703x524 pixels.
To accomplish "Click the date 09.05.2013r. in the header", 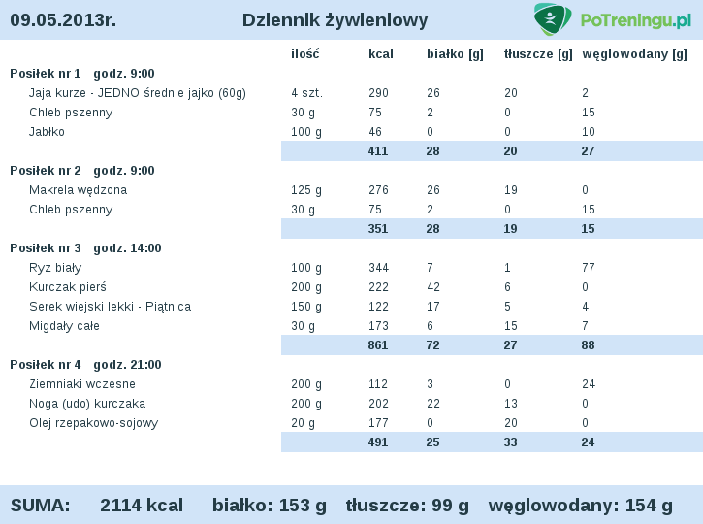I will point(63,20).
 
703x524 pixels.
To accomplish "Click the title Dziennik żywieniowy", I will point(335,20).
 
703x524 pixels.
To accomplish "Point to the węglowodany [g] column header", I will point(634,54).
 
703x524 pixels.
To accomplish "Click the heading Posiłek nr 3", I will point(46,248).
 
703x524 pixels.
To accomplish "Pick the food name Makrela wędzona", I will point(78,190).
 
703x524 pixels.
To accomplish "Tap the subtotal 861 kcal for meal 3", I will point(378,345).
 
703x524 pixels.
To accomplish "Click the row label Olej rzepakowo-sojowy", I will point(93,423).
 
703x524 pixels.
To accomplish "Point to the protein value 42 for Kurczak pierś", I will point(432,287).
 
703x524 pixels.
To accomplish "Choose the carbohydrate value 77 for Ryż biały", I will point(588,268).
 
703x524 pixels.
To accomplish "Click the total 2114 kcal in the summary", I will point(142,505).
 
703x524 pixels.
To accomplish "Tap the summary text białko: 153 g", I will point(270,505).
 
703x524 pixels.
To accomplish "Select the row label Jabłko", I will point(47,132).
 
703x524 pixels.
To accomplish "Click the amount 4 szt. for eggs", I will point(306,93).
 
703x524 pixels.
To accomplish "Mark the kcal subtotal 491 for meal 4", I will point(378,442).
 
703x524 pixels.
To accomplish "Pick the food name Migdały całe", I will point(64,326).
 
